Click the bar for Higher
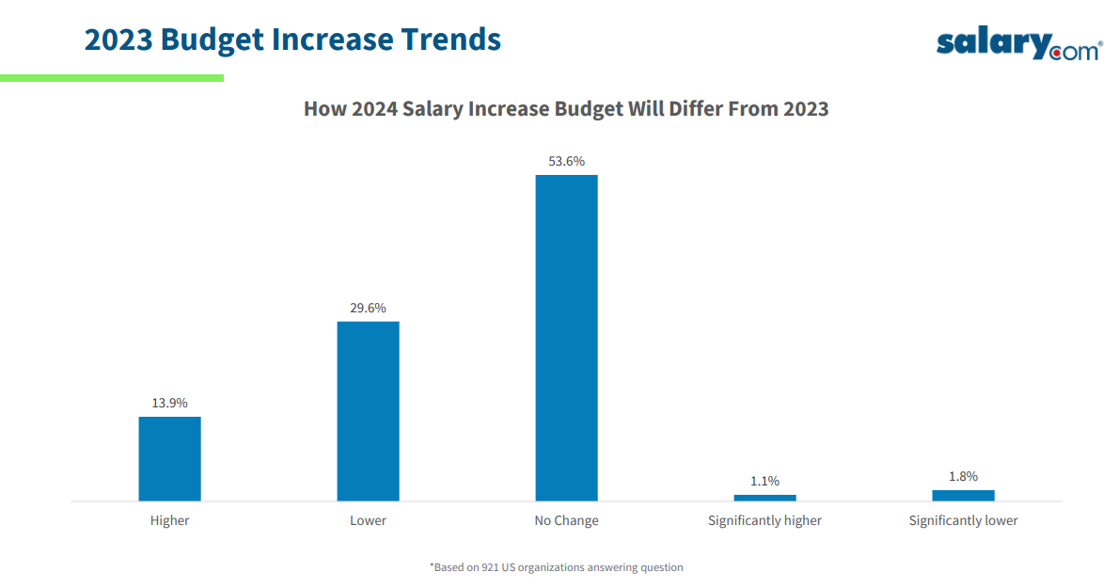(x=169, y=458)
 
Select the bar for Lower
(x=368, y=410)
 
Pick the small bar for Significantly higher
(x=764, y=498)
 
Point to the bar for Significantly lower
(x=963, y=495)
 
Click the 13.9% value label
(x=169, y=403)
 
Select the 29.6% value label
(x=368, y=308)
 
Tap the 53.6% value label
(x=566, y=161)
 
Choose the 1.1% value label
(x=764, y=481)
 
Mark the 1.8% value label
(x=963, y=476)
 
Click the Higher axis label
(x=169, y=520)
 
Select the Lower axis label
(x=368, y=520)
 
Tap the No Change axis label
(x=566, y=520)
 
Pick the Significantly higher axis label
(x=764, y=520)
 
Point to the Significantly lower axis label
(x=963, y=520)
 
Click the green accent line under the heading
(x=112, y=78)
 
